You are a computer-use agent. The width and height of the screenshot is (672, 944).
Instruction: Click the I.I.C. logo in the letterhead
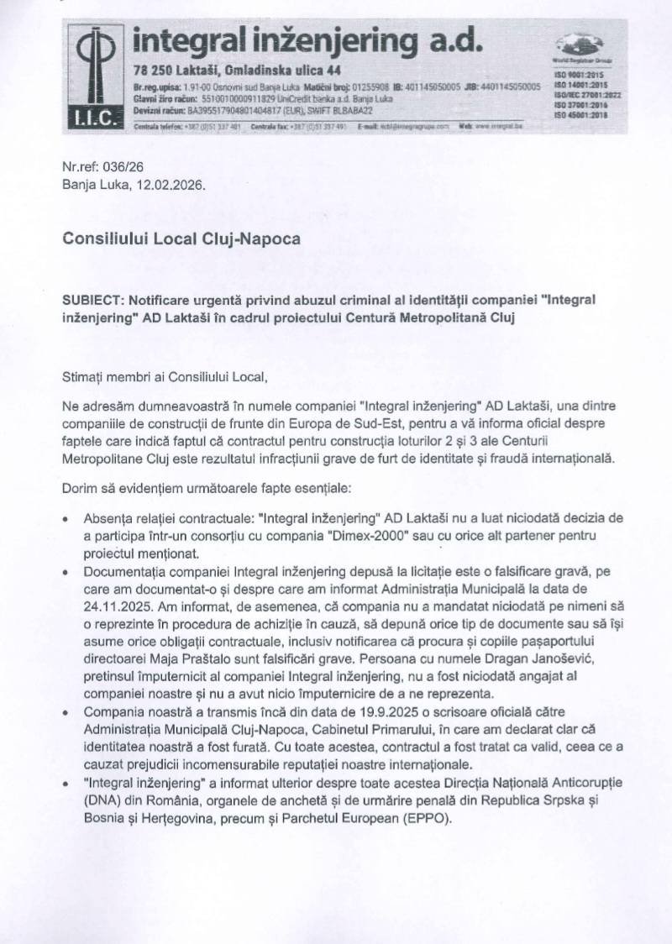click(95, 76)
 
